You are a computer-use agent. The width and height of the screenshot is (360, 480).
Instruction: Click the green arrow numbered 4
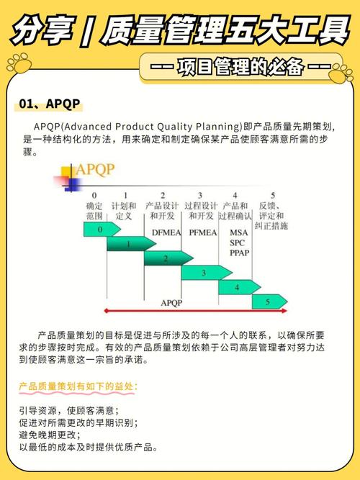pyautogui.click(x=238, y=287)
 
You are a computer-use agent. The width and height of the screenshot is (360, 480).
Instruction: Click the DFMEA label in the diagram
pyautogui.click(x=163, y=232)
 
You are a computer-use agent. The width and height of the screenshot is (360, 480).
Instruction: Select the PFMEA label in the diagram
pyautogui.click(x=201, y=232)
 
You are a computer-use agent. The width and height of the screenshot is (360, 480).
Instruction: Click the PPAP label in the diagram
pyautogui.click(x=239, y=253)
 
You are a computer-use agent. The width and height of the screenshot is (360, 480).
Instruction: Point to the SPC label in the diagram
pyautogui.click(x=238, y=243)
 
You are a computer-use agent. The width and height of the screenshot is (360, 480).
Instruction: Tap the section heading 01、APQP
pyautogui.click(x=50, y=104)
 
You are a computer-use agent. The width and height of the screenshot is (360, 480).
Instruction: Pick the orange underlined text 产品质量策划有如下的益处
pyautogui.click(x=77, y=387)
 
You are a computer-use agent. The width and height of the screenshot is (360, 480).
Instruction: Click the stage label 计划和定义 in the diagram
pyautogui.click(x=124, y=211)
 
